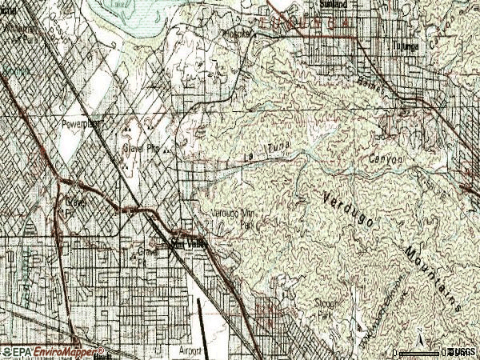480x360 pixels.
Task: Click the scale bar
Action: click(420, 352)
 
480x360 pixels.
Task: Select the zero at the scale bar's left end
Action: click(397, 352)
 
